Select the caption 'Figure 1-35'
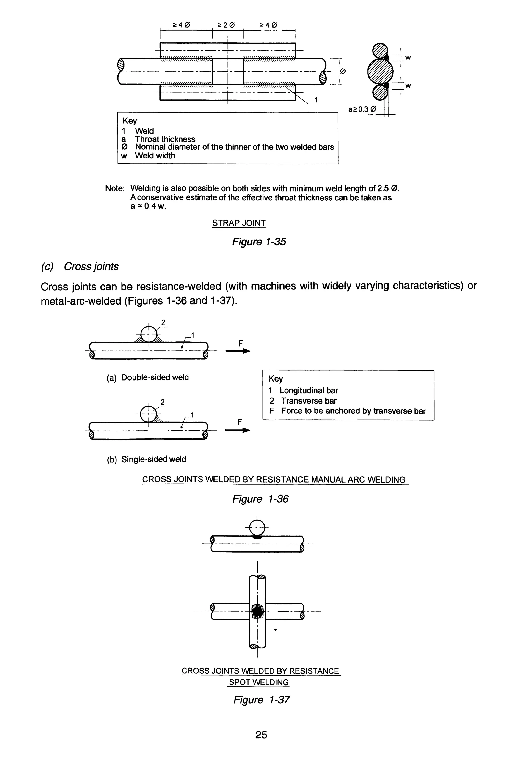(259, 242)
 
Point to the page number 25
(261, 735)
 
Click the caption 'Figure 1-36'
(260, 499)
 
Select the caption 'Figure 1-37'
(261, 700)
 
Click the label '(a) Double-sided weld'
(148, 377)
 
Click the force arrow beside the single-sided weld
(238, 430)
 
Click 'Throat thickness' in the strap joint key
(165, 139)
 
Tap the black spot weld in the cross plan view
(258, 611)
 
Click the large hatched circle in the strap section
(380, 71)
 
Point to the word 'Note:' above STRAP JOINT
(115, 189)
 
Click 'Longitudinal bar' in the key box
(308, 391)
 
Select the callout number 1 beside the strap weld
(316, 100)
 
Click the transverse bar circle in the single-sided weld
(148, 414)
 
